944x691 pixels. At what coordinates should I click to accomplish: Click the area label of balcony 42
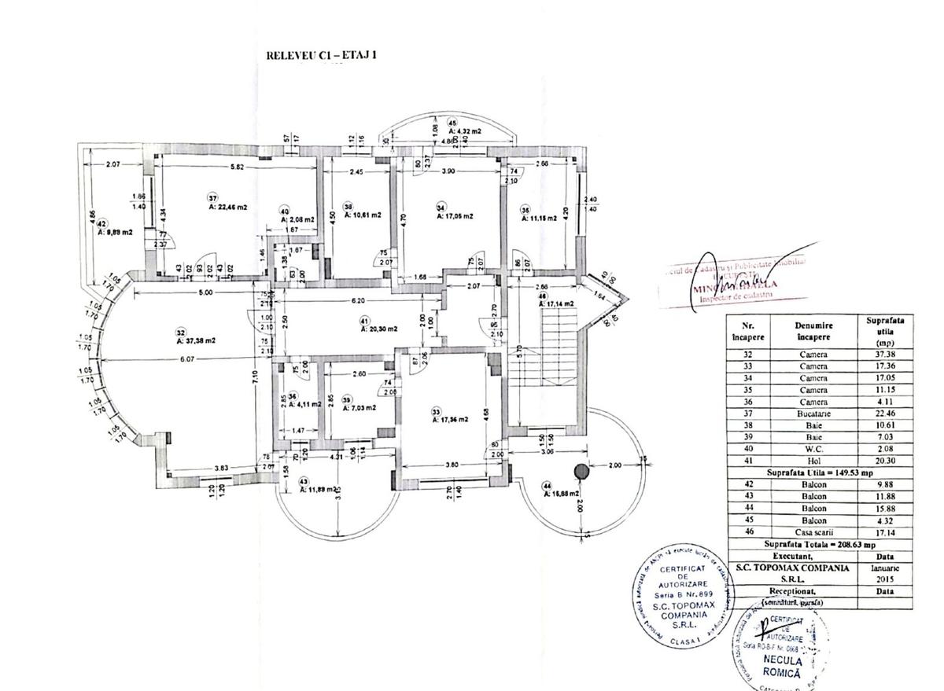[x=115, y=233]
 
